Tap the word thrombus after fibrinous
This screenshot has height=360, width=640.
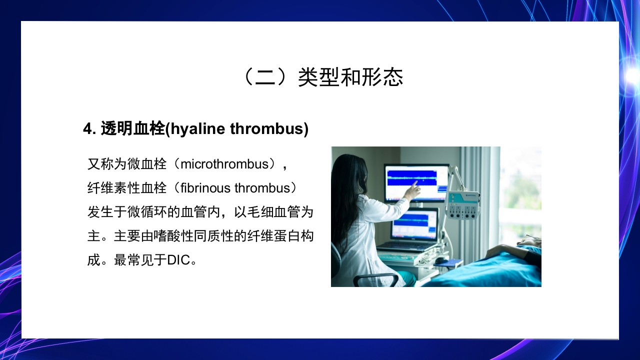tap(262, 188)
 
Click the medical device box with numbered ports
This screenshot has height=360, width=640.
tap(462, 205)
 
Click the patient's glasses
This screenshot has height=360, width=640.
tap(532, 237)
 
